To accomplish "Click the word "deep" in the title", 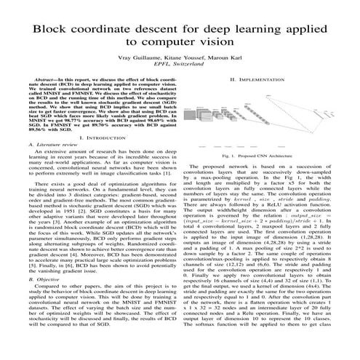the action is (231, 28).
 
